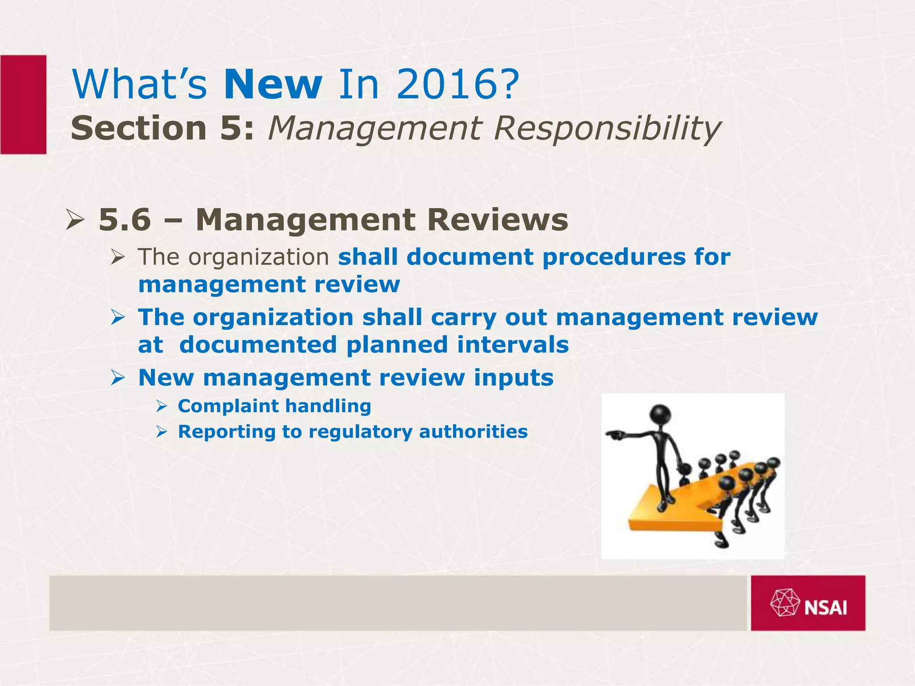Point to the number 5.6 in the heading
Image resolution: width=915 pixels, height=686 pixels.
point(125,220)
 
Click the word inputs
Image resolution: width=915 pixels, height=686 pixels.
point(514,378)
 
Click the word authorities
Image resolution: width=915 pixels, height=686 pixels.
point(473,432)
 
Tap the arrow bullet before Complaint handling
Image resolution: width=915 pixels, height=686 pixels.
point(162,406)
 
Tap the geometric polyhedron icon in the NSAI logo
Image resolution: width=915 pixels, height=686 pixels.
point(785,603)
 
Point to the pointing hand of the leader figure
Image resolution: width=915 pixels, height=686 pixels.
point(613,433)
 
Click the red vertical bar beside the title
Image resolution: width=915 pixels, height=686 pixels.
point(23,105)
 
